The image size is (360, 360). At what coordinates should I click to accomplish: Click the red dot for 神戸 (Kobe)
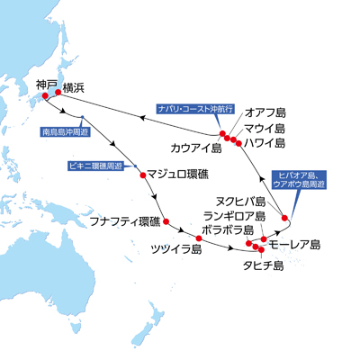pos(45,96)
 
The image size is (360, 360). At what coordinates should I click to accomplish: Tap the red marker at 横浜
pos(58,93)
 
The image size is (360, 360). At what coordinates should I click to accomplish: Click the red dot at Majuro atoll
pos(143,175)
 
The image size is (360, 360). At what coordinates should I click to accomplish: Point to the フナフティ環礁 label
pos(125,221)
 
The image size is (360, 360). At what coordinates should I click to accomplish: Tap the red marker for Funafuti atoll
pos(166,221)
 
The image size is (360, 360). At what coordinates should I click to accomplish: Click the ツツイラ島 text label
pos(176,249)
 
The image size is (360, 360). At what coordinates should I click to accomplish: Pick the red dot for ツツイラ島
pos(199,238)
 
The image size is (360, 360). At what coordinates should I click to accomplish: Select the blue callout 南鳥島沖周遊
pos(65,132)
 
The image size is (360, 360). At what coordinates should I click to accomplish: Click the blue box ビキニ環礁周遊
pos(95,166)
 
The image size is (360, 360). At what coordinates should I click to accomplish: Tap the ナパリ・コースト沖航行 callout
pos(195,109)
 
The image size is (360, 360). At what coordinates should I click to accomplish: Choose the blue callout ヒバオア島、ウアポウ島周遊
pos(299,180)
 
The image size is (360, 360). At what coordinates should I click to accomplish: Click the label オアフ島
pos(265,113)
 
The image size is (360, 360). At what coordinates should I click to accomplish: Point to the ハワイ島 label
pos(264,143)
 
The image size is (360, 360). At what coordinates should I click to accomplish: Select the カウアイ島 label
pos(196,148)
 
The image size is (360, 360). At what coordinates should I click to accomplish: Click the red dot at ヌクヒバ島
pos(284,218)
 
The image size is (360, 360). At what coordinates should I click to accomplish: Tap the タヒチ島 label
pos(263,265)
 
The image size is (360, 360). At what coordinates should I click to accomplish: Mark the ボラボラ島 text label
pos(228,230)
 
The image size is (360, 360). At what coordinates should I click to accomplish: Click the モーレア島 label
pos(294,245)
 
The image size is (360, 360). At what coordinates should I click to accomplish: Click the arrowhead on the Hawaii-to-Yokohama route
pos(143,118)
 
